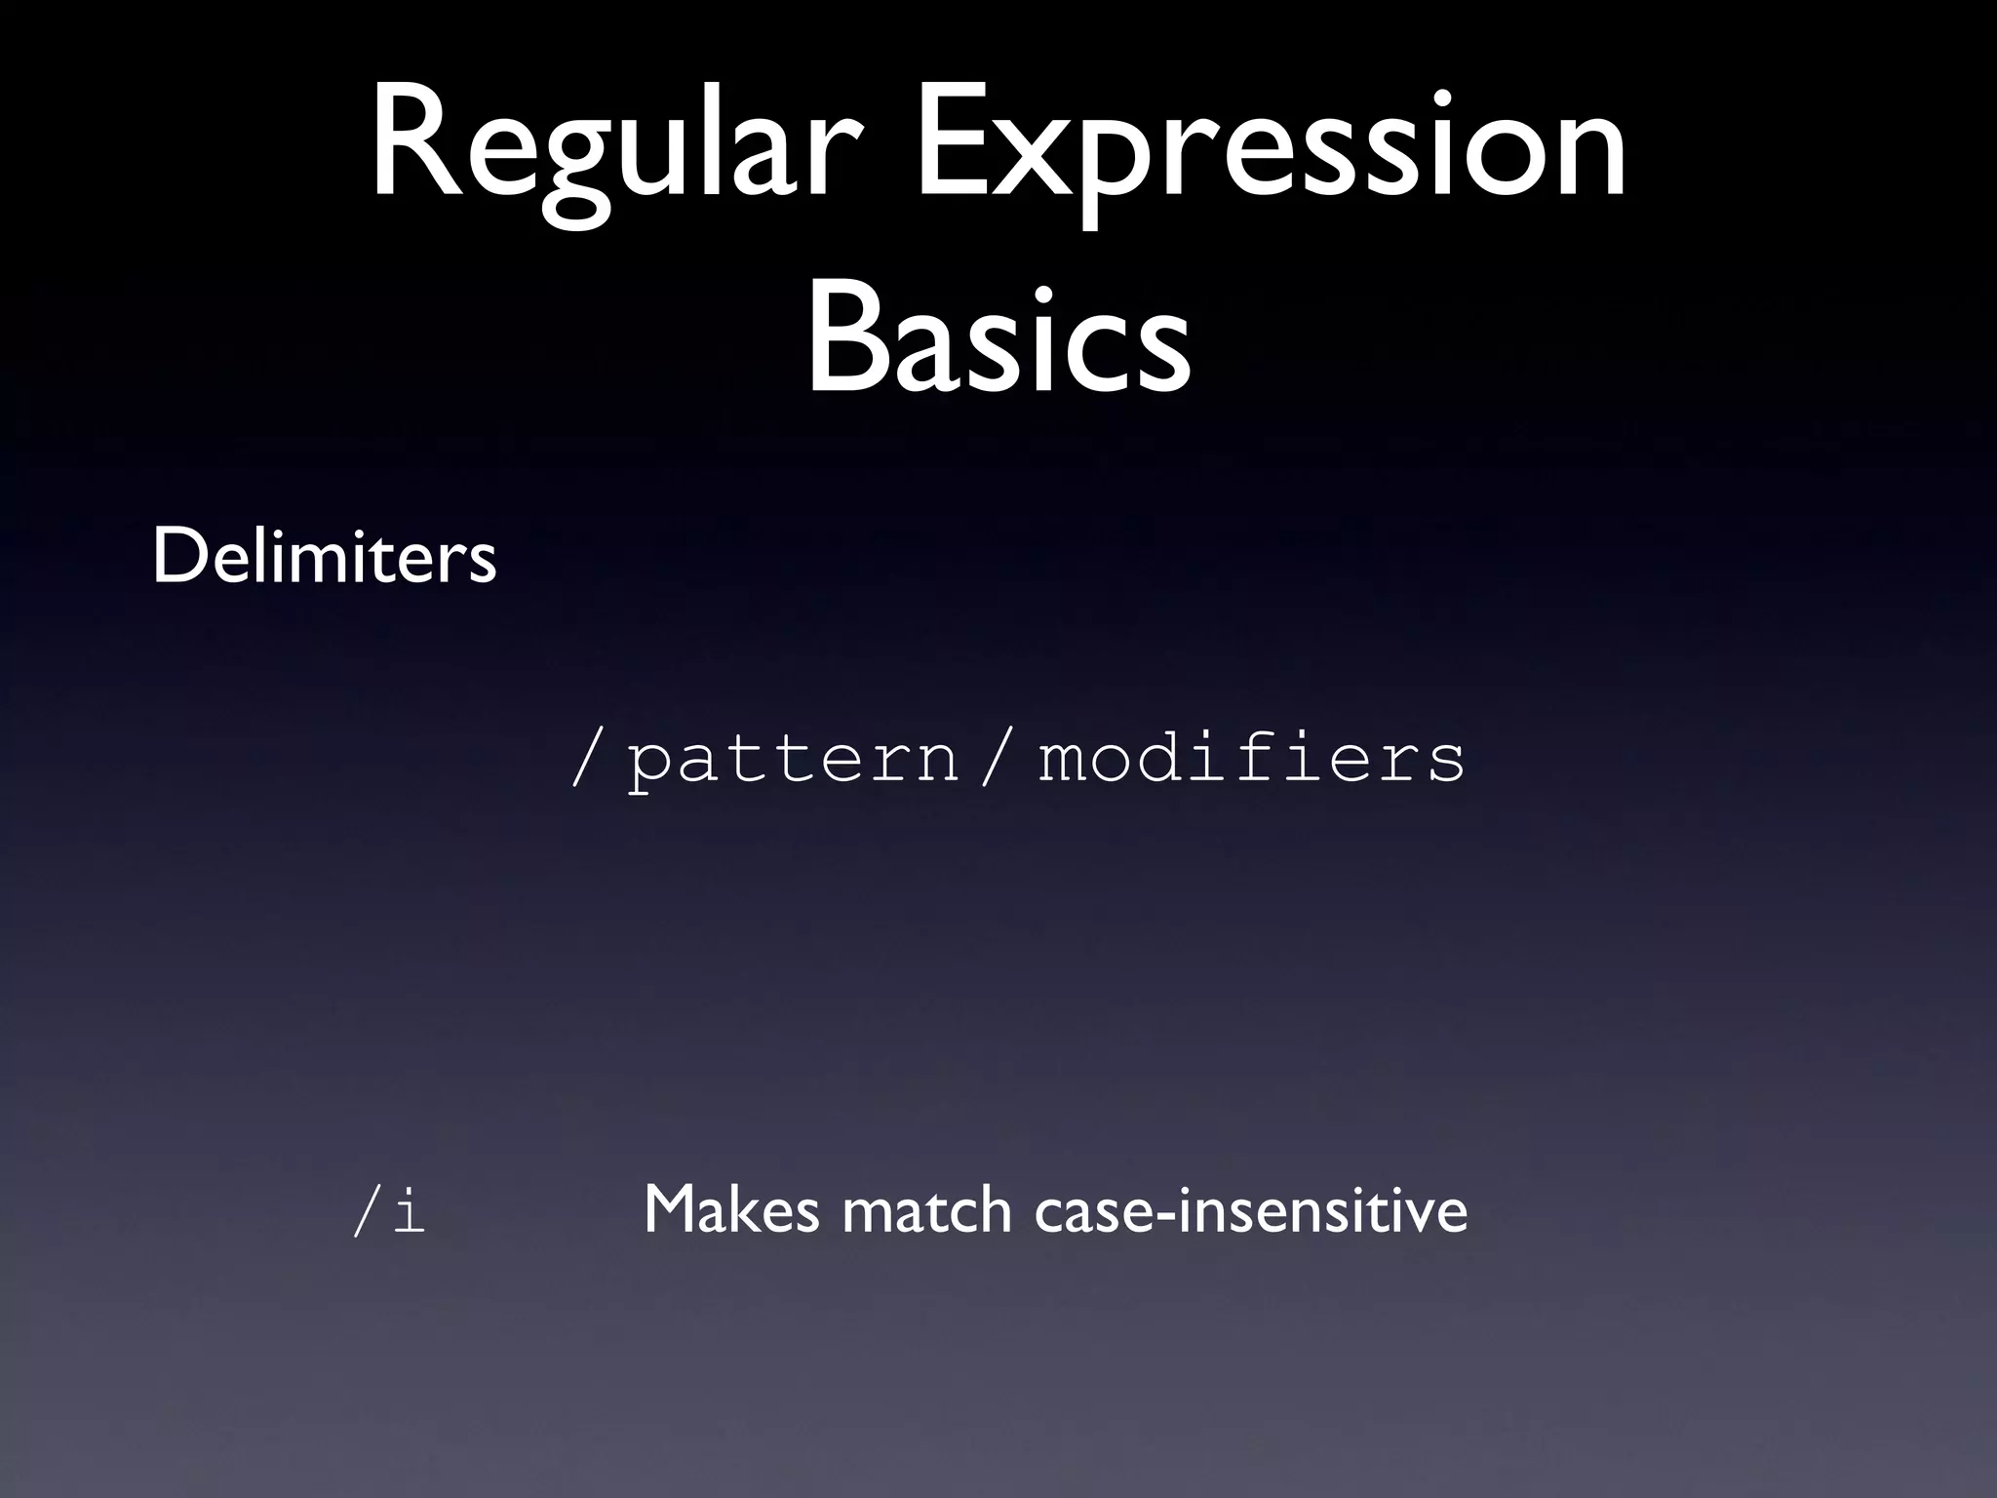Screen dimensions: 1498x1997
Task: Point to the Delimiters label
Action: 324,557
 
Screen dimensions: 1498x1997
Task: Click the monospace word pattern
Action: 793,760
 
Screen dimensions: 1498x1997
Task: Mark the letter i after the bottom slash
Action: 409,1210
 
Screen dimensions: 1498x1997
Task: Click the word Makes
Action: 731,1210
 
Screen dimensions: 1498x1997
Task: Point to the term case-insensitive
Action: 1251,1210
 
